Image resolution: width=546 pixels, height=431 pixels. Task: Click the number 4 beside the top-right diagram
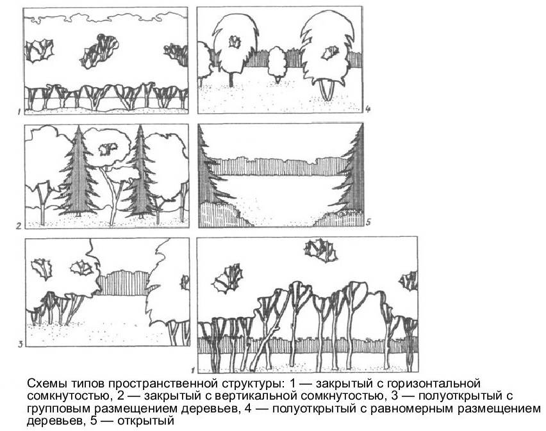368,110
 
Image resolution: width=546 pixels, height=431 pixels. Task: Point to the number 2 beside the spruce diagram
19,226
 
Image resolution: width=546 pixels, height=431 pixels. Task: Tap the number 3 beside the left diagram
21,345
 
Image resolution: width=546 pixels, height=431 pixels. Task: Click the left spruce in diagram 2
78,172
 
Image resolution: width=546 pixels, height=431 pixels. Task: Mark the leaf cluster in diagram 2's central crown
107,149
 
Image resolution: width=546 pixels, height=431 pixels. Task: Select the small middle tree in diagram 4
277,64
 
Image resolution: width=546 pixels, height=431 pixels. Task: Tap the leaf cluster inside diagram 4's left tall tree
235,42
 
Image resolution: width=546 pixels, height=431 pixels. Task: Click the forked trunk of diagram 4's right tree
327,90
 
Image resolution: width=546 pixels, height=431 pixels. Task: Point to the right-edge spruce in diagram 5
351,170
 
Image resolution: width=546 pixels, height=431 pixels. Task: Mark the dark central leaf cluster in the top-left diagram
100,51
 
